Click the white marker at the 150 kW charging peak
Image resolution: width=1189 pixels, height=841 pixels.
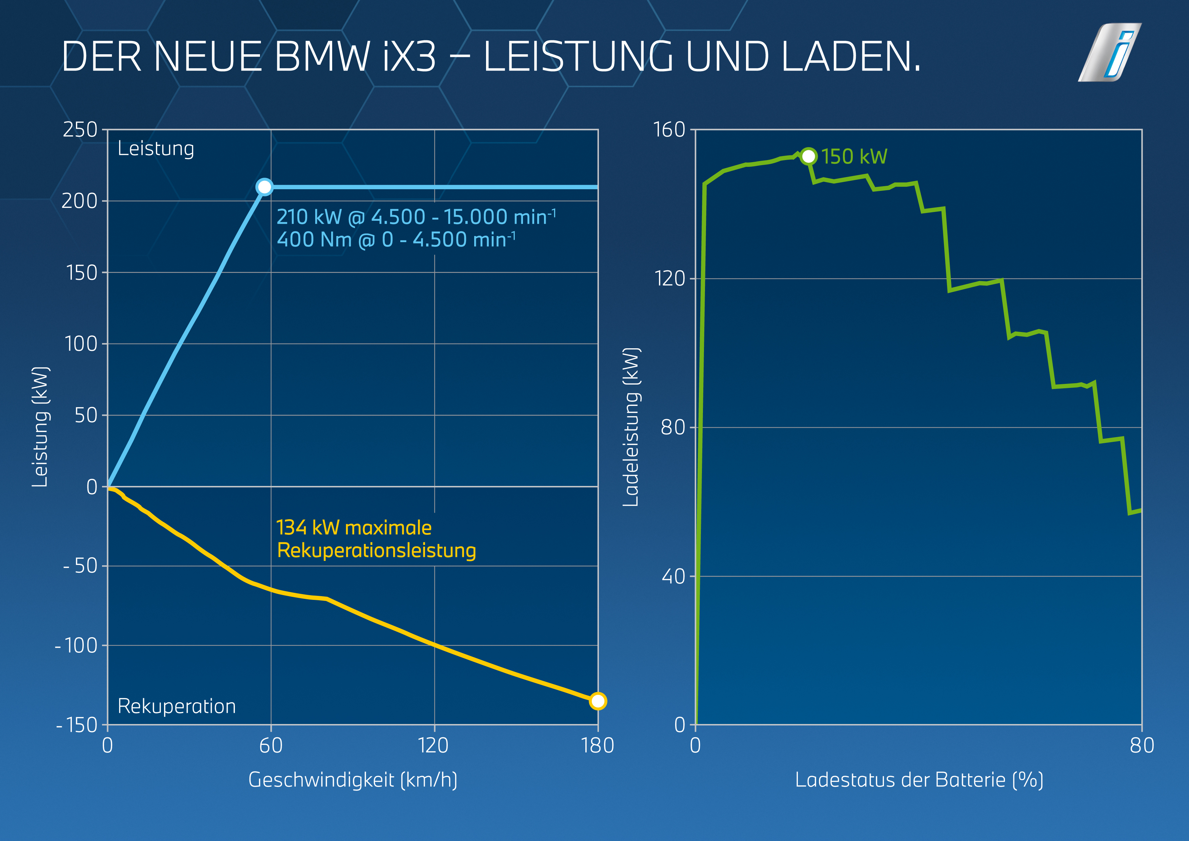(808, 156)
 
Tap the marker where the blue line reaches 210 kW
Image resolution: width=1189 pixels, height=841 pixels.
(264, 187)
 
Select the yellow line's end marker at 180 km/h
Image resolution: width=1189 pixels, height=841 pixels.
(598, 701)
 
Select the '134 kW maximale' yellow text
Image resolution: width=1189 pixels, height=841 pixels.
(354, 528)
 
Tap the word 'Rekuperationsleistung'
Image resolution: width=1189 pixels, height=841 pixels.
(377, 550)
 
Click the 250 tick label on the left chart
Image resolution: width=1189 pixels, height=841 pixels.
(80, 130)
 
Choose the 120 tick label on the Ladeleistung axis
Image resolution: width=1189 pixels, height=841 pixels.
(670, 279)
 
